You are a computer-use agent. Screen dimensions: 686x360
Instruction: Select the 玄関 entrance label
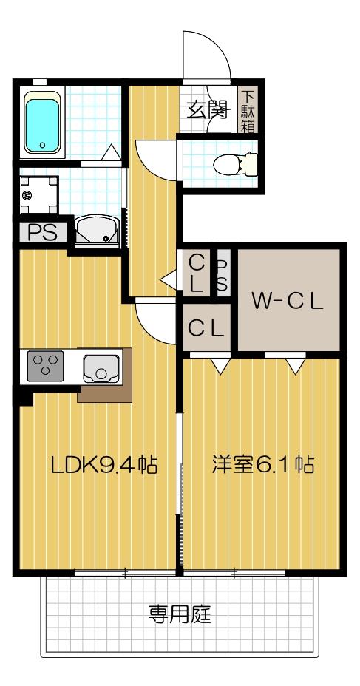coord(205,112)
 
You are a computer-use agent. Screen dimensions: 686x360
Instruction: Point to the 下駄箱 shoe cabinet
coord(248,110)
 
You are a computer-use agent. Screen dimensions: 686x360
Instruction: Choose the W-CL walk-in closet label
coord(288,301)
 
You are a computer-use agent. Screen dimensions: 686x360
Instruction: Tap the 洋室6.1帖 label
coord(263,465)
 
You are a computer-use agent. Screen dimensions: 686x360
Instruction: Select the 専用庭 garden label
coord(178,613)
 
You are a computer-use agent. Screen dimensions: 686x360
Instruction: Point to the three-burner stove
coord(46,367)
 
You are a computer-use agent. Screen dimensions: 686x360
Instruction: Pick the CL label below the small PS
coord(206,329)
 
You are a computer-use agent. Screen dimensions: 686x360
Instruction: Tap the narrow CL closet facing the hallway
coord(196,272)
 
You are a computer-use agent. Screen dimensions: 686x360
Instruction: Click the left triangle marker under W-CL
coord(220,365)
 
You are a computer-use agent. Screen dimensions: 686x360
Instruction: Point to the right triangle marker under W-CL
coord(295,365)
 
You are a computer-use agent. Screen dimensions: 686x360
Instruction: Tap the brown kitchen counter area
coord(103,392)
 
